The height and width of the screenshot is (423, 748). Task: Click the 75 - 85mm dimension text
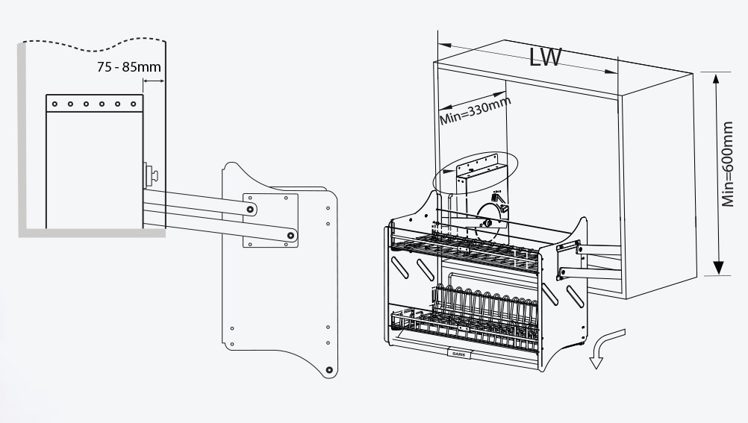tap(129, 66)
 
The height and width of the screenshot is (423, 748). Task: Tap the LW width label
tap(546, 57)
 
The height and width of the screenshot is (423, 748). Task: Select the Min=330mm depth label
tap(475, 110)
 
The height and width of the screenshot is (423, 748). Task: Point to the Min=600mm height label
tap(728, 163)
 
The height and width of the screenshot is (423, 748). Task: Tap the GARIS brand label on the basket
tap(459, 354)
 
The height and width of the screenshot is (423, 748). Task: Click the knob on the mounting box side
tap(152, 175)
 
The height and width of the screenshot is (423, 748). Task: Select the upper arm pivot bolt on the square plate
tap(250, 209)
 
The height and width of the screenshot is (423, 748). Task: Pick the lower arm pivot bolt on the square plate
tap(290, 235)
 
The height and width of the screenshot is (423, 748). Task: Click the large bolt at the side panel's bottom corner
tap(328, 370)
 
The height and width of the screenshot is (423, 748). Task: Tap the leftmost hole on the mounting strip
tap(54, 104)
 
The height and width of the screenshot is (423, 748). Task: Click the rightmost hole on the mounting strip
tap(133, 104)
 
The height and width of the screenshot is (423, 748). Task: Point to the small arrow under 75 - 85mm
tap(154, 81)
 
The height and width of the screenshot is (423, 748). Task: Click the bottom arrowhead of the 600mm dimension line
tap(718, 268)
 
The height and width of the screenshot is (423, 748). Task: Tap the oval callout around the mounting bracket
tap(475, 172)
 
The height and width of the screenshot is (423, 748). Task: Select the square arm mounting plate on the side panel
tap(270, 220)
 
